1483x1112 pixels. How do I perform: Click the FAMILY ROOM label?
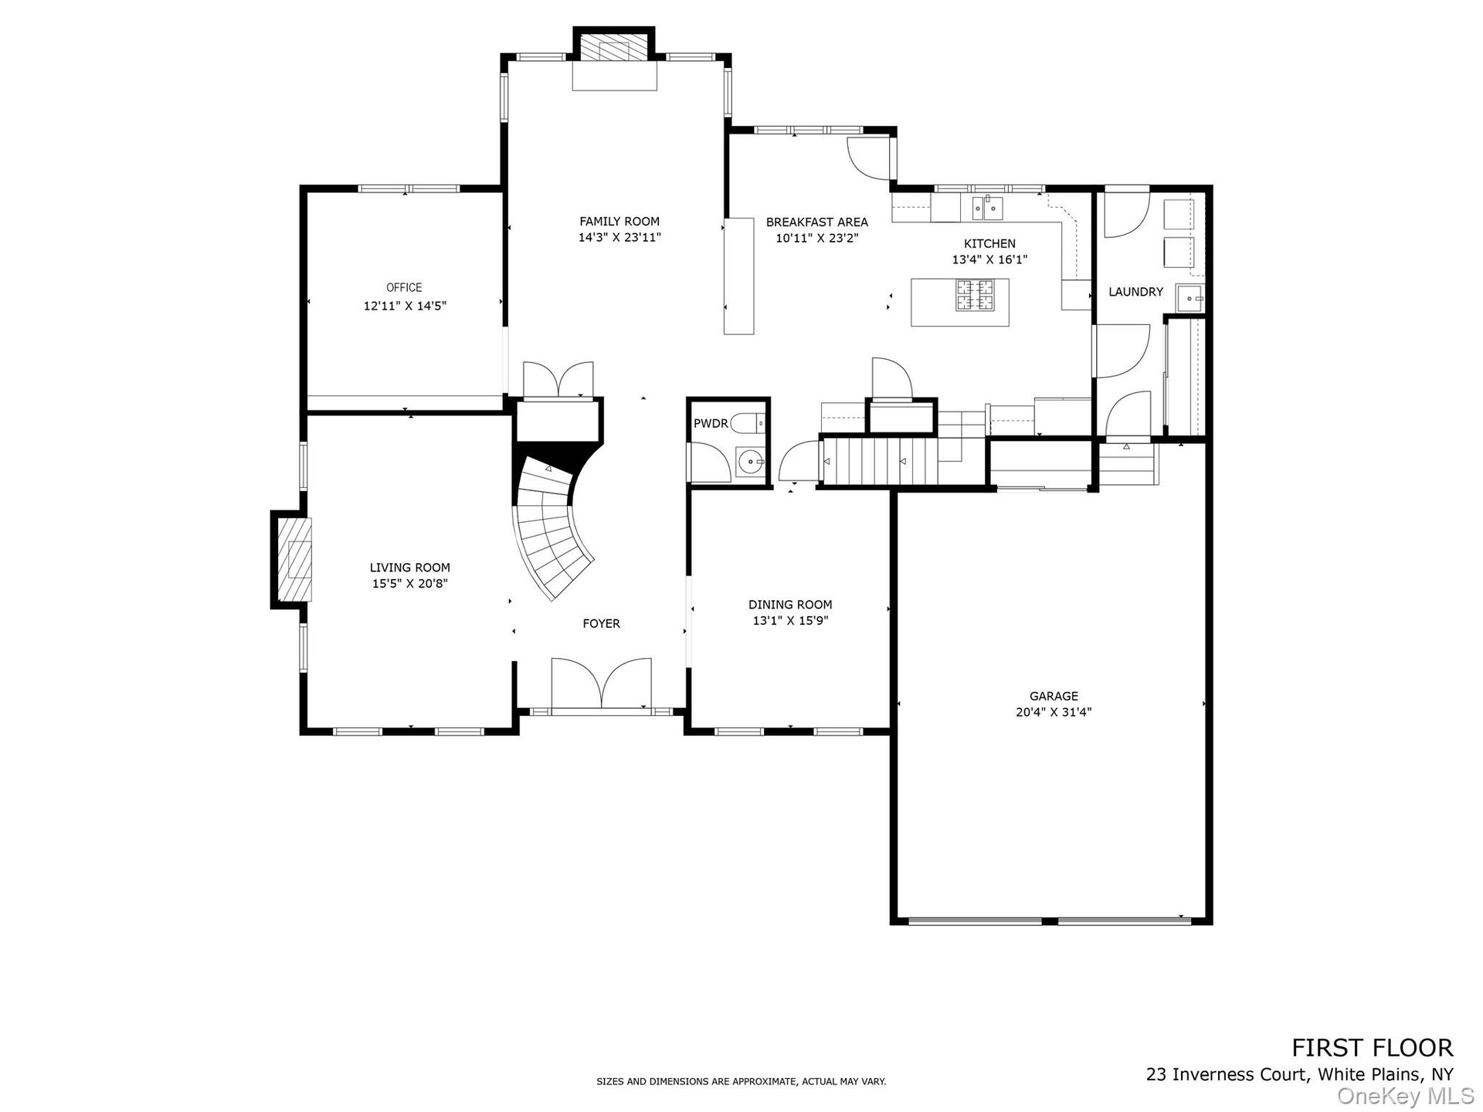[619, 222]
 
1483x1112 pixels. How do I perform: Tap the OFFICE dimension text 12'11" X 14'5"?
[405, 306]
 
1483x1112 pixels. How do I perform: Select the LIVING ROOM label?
[409, 568]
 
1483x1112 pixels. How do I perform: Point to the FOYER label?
[601, 623]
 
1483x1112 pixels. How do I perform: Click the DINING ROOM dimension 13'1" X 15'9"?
[790, 620]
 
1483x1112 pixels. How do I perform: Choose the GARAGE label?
[1054, 696]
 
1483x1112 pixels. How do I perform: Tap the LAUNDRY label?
[1135, 292]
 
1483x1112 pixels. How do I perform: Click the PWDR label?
[711, 423]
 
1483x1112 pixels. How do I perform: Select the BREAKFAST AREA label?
[817, 222]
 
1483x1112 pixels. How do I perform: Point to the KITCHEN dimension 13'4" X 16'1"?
[989, 260]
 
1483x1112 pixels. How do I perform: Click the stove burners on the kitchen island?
[976, 294]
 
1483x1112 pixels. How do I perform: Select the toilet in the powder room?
[747, 423]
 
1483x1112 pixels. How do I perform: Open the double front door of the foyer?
[602, 683]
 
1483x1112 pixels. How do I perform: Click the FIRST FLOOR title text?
[1373, 1047]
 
